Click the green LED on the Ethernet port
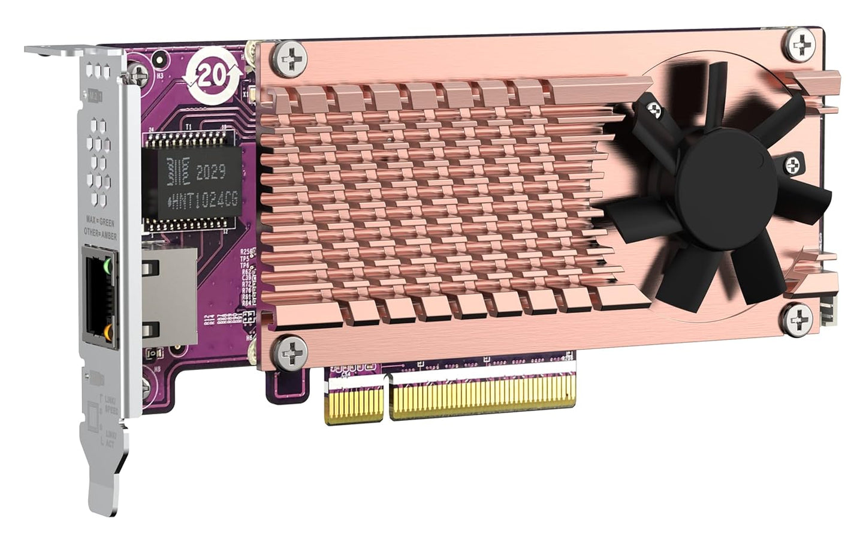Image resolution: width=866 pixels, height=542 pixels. point(107,264)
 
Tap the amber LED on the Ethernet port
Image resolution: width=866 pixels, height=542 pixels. point(107,331)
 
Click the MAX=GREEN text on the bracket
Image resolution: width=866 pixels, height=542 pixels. point(100,223)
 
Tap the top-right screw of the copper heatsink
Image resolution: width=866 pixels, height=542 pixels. point(801,43)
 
